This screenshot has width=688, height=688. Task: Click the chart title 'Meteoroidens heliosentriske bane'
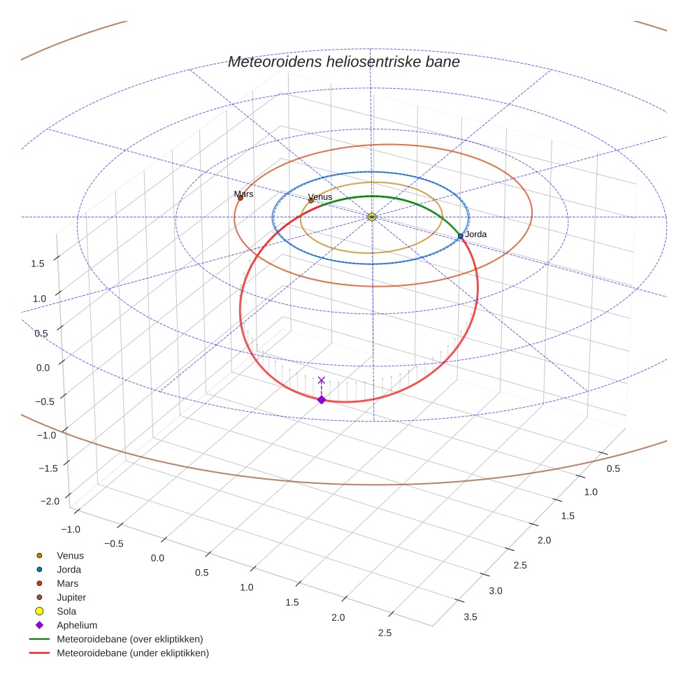pos(343,62)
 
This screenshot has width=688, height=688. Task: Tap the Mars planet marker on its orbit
pos(241,198)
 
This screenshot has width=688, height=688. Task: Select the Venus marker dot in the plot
pos(311,201)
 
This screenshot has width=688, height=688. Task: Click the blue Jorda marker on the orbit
pos(460,236)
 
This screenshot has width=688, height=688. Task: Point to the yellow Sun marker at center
pos(372,217)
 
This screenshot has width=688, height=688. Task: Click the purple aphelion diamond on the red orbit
pos(322,399)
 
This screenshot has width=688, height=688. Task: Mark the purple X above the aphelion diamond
pos(322,380)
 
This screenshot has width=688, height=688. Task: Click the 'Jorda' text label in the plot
pos(475,234)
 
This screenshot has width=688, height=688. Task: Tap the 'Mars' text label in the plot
pos(244,194)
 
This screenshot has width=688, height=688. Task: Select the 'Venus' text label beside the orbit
pos(320,196)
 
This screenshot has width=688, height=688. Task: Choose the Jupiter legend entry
pos(71,597)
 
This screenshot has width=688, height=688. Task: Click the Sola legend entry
pos(67,611)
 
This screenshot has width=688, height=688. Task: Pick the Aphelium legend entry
pos(76,625)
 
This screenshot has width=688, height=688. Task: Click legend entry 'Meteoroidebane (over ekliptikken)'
pos(129,639)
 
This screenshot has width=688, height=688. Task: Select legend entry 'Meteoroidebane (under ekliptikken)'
pos(132,653)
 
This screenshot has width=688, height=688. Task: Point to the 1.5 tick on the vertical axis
pos(38,263)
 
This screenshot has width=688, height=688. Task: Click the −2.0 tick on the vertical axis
pos(50,501)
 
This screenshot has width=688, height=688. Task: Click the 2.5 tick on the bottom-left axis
pos(384,633)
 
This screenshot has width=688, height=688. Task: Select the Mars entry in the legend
pos(67,583)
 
